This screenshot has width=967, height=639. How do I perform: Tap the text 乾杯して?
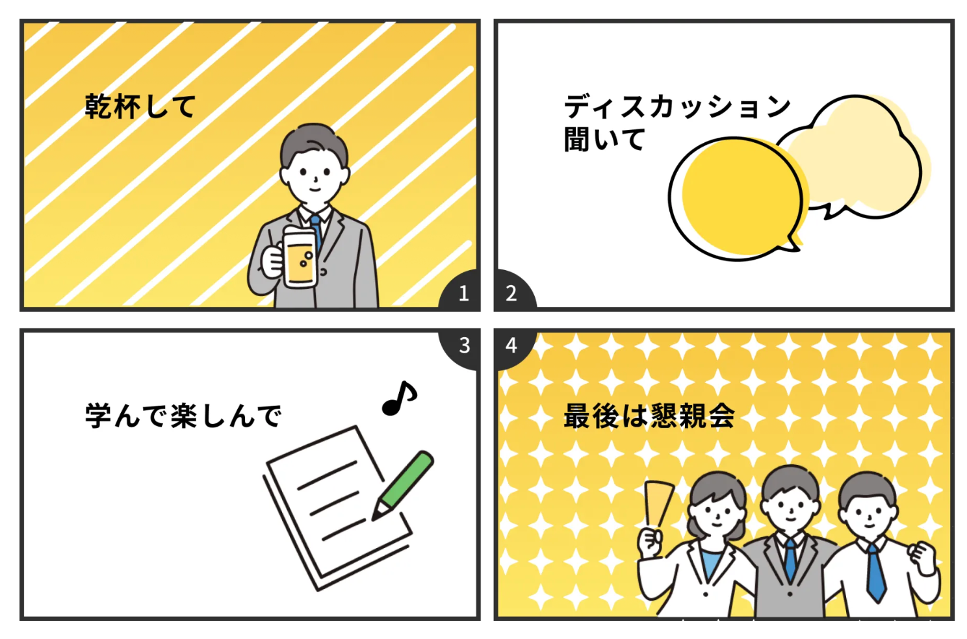point(140,106)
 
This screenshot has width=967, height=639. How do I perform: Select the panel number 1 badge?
point(463,293)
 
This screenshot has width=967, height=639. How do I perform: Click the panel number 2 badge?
point(512,293)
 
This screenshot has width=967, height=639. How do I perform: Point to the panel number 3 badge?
point(463,345)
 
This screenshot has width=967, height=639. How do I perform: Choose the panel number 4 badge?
point(512,345)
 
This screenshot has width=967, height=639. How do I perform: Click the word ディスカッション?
point(677,106)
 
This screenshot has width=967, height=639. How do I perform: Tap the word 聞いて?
point(604,140)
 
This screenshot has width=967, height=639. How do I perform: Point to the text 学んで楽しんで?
point(183,416)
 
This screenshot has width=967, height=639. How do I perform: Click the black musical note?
point(399,397)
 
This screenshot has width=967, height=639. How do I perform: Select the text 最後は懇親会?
point(649,416)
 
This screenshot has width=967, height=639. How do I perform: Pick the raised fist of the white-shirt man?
point(921,556)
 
